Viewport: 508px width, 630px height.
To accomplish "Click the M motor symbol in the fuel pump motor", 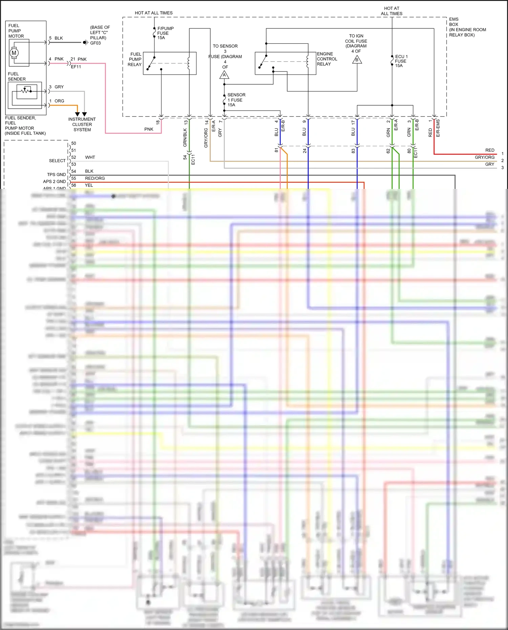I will [14, 53].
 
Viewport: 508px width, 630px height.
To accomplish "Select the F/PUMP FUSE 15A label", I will [165, 33].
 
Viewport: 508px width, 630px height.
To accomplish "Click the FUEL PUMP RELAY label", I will [135, 59].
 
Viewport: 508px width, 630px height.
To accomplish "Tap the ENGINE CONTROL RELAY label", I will [326, 59].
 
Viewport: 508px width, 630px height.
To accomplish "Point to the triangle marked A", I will [224, 75].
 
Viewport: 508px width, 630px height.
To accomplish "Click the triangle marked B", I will [357, 60].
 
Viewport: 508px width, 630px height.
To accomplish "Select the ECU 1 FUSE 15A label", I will [401, 61].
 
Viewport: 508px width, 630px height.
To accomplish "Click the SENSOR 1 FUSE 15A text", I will [236, 100].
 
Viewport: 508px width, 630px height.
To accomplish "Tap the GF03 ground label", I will [96, 43].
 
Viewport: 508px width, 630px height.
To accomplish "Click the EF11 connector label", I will [76, 67].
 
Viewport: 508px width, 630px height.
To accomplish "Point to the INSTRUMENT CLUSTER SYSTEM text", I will [82, 124].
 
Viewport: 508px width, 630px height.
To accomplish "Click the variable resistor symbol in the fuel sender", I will [25, 91].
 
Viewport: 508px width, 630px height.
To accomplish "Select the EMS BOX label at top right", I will [454, 22].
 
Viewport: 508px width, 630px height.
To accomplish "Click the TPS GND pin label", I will [56, 175].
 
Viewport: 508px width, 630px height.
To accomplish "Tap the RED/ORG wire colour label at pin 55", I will [95, 178].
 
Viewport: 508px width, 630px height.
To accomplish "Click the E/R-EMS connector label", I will [438, 128].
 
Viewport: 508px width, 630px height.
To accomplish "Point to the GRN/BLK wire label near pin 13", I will [185, 137].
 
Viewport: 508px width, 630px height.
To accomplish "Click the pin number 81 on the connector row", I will [276, 150].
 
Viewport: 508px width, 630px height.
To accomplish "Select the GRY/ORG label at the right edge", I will [484, 157].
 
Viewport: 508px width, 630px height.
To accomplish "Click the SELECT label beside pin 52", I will [57, 161].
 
